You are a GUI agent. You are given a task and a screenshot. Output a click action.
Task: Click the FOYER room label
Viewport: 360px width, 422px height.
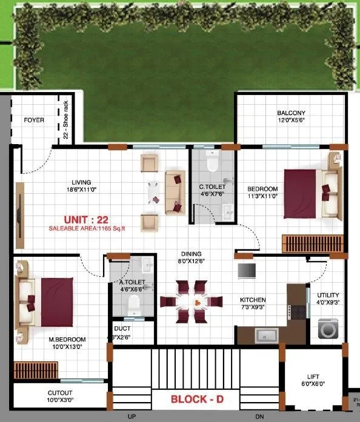pos(34,120)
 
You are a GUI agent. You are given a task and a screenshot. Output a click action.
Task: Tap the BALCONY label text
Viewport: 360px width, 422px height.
pos(291,113)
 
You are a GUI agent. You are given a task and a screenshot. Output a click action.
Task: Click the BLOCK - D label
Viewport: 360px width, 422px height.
pos(196,400)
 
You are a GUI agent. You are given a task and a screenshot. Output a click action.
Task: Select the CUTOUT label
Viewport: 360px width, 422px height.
pos(60,392)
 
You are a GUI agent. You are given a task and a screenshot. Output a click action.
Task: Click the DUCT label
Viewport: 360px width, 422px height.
pos(122,329)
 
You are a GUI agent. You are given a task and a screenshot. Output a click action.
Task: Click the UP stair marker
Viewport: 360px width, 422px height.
pos(131,417)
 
